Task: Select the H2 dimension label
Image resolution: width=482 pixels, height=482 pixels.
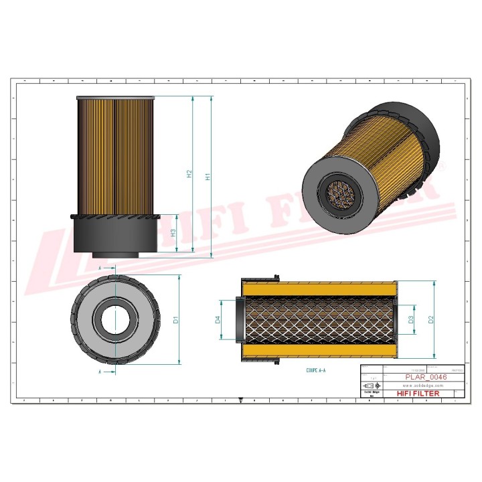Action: (189, 174)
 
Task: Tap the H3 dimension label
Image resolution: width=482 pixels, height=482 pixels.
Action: (173, 233)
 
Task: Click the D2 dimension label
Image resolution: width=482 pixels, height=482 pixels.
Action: (431, 319)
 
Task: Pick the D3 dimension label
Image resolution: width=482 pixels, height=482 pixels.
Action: (412, 320)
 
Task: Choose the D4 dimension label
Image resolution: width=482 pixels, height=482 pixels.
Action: (218, 320)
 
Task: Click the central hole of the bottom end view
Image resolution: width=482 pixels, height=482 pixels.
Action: (115, 319)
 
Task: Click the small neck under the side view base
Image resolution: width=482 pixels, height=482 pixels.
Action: (115, 254)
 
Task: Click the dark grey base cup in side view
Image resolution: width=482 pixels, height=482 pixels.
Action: (115, 234)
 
